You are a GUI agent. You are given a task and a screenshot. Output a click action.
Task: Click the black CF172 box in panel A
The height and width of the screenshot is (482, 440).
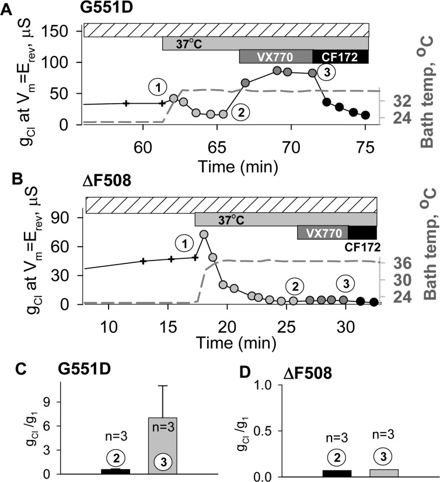tap(340, 57)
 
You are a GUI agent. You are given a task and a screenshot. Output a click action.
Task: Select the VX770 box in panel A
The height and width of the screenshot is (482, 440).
tap(275, 57)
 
